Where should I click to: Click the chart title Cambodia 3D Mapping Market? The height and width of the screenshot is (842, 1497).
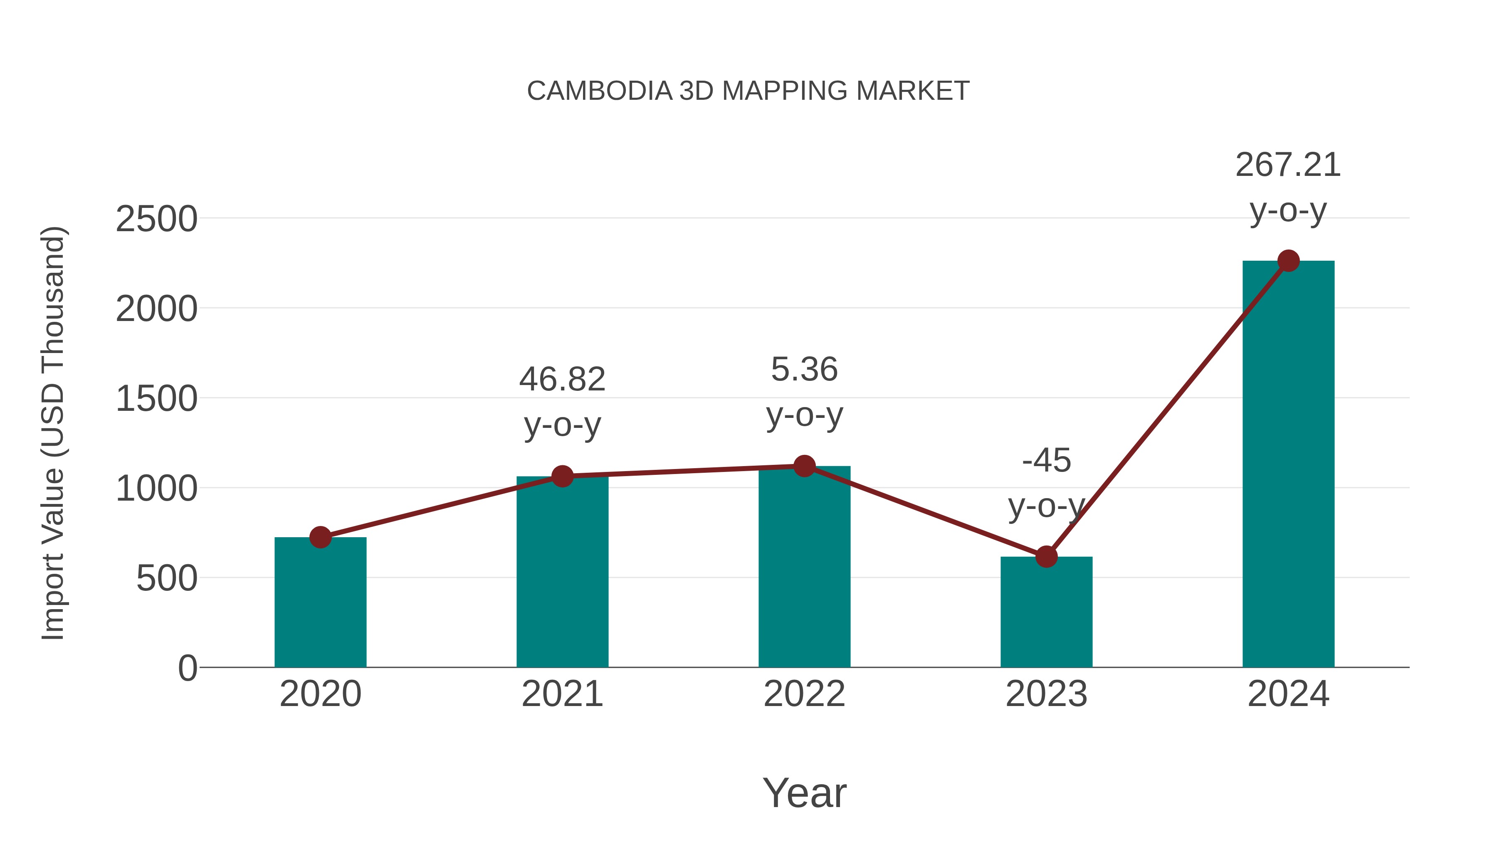pyautogui.click(x=748, y=91)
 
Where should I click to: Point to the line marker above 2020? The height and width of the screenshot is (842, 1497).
pyautogui.click(x=320, y=538)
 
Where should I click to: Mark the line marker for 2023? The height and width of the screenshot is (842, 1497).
pyautogui.click(x=1046, y=557)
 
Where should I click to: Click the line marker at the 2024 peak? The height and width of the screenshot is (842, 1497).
pyautogui.click(x=1288, y=261)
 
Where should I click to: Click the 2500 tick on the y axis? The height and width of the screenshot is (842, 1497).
pyautogui.click(x=156, y=219)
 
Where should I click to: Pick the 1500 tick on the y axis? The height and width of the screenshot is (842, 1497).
pyautogui.click(x=156, y=399)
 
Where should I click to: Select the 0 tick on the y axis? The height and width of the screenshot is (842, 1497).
pyautogui.click(x=187, y=668)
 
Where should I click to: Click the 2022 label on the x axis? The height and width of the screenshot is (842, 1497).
pyautogui.click(x=804, y=694)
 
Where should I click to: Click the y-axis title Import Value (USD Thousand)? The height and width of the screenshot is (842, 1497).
pyautogui.click(x=54, y=433)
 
